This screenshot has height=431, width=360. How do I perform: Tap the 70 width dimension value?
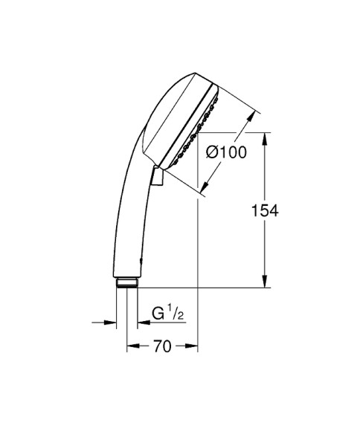(162, 346)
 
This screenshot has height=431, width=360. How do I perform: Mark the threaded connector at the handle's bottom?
(127, 282)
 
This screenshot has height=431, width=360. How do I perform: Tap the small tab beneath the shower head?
(156, 177)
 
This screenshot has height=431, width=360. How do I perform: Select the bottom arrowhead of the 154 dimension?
(266, 282)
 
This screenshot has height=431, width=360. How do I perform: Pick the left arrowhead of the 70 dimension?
(132, 346)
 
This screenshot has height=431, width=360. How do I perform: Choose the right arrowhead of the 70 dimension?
(193, 346)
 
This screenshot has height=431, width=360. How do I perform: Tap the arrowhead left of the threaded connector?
(113, 323)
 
